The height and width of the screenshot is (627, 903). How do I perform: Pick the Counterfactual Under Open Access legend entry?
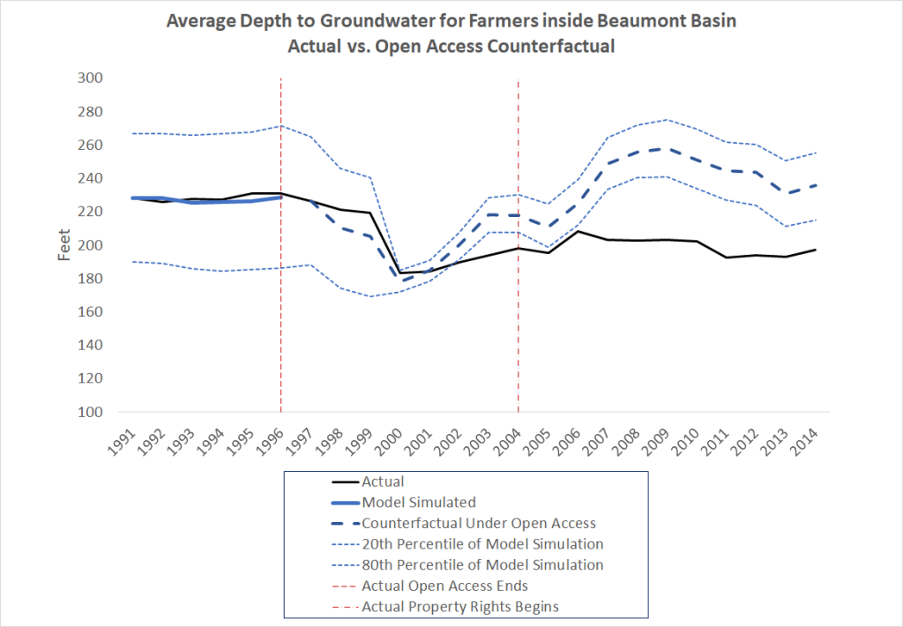(479, 523)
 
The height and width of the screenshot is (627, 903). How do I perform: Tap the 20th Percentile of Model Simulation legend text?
(482, 544)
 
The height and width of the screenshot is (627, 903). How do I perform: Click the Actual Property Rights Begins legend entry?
(459, 606)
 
